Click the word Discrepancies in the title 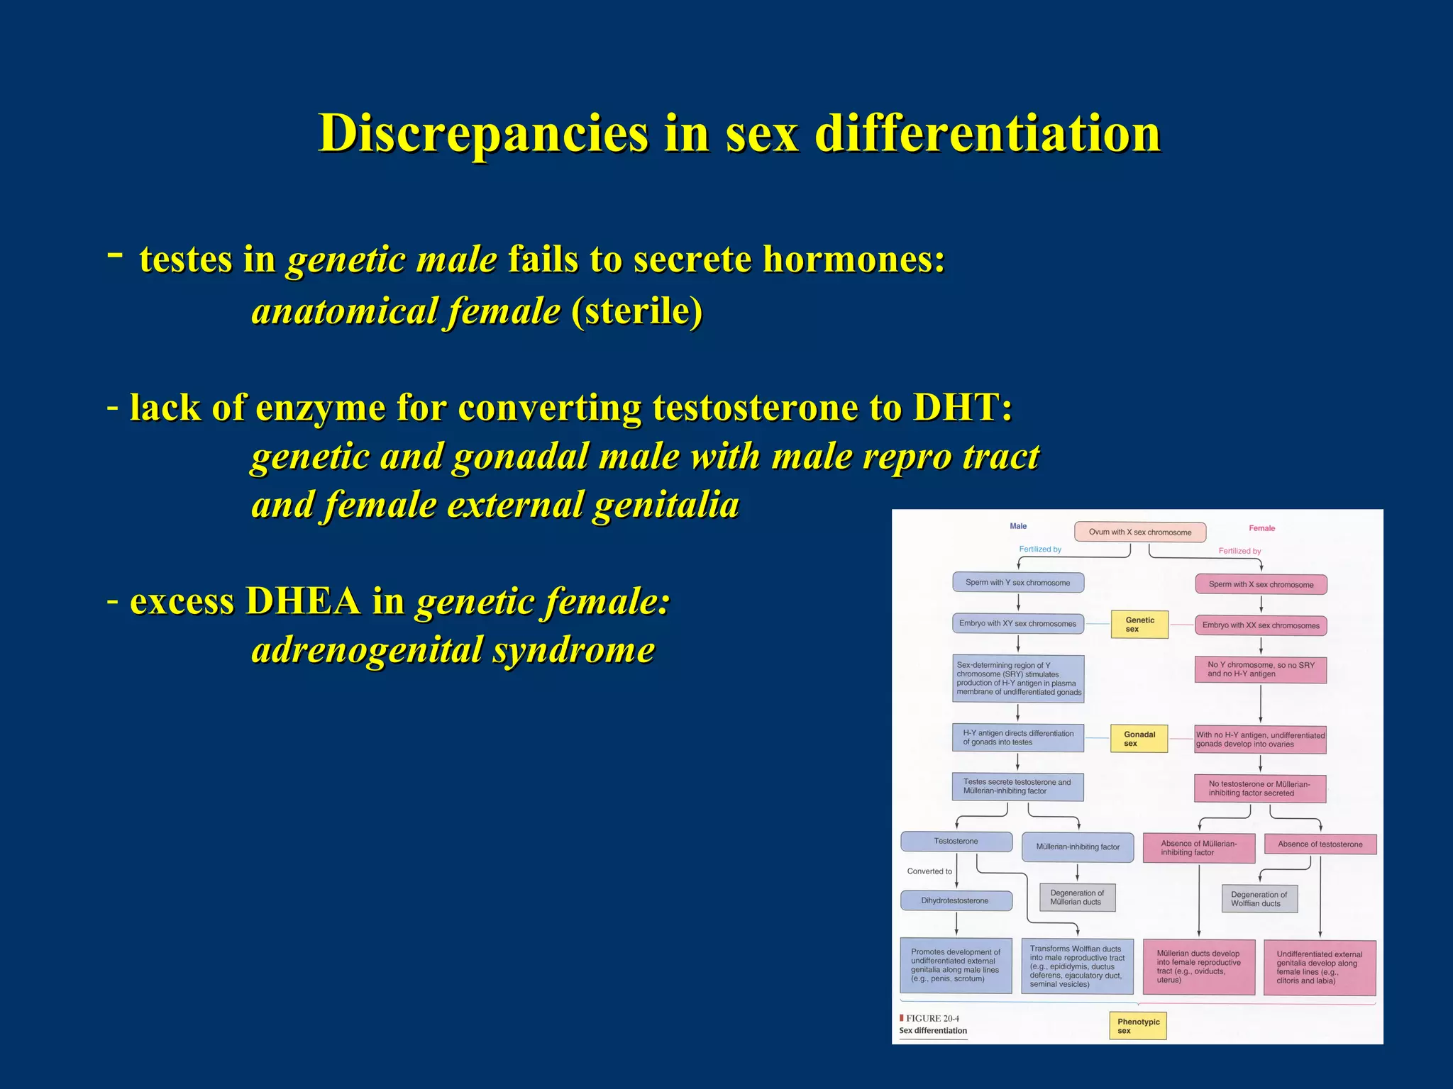(x=483, y=133)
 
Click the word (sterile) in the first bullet (x=636, y=312)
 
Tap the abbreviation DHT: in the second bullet (x=962, y=408)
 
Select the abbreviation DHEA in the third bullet (x=302, y=602)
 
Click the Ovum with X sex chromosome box (x=1139, y=532)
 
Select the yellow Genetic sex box (x=1139, y=625)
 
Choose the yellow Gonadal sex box (x=1139, y=739)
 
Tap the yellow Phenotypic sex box (x=1137, y=1026)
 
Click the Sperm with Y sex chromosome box (x=1017, y=583)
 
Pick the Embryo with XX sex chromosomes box (x=1260, y=625)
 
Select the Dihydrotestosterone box (x=955, y=900)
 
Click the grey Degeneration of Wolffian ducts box (x=1259, y=899)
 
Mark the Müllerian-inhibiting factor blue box (x=1077, y=847)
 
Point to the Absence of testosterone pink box (x=1320, y=844)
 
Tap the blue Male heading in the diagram (x=1018, y=526)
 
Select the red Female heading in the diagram (x=1261, y=528)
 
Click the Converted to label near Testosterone (x=929, y=871)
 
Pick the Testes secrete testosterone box (x=1017, y=787)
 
